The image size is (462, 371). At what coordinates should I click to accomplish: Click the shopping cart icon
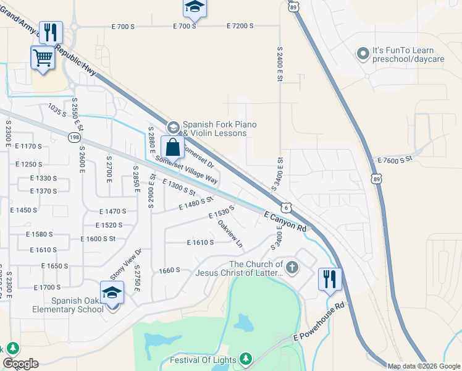click(43, 58)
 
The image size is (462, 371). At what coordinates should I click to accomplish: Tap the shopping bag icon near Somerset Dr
click(173, 148)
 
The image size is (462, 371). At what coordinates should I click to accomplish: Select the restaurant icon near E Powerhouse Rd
click(330, 279)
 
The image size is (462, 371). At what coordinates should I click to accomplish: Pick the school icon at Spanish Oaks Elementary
click(112, 292)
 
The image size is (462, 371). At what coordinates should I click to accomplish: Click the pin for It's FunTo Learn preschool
click(363, 54)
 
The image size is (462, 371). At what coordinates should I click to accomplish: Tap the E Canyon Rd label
click(285, 221)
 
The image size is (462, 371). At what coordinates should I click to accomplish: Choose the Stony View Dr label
click(126, 264)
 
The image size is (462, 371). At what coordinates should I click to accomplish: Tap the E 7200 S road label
click(240, 26)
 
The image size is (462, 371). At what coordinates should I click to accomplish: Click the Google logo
click(20, 364)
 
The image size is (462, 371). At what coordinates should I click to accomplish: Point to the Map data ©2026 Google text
click(423, 366)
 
